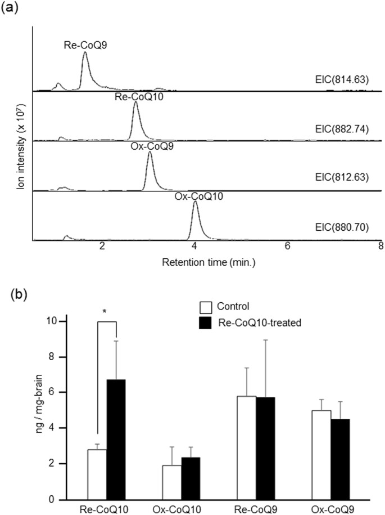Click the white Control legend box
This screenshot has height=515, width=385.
pyautogui.click(x=206, y=307)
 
